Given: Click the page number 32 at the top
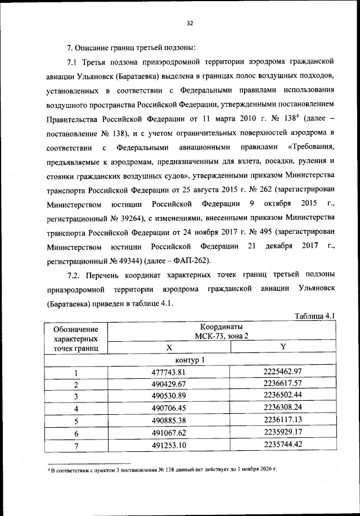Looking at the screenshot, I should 190,23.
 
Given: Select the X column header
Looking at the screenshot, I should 169,347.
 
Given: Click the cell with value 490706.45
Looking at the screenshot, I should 169,409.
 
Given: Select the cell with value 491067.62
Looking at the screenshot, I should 169,433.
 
